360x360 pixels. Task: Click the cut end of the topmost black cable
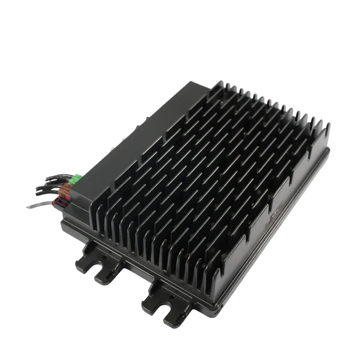click(x=46, y=180)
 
